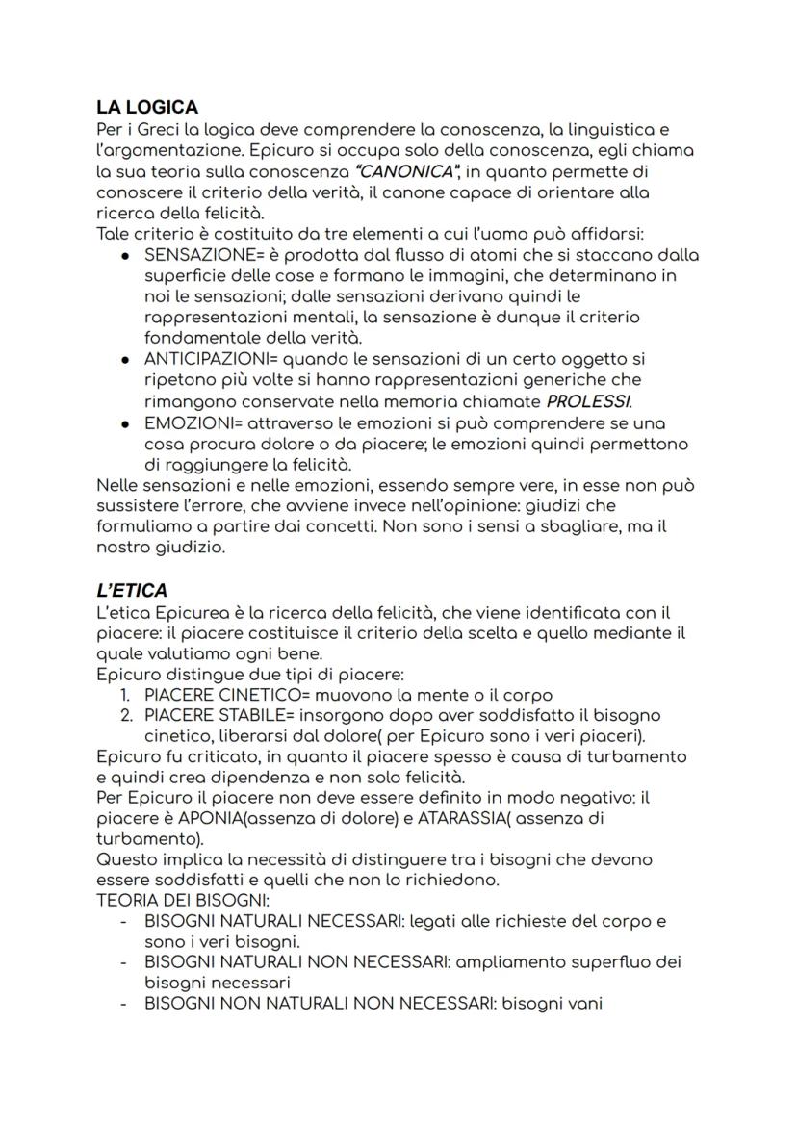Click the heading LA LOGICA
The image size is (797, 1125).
pos(146,108)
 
